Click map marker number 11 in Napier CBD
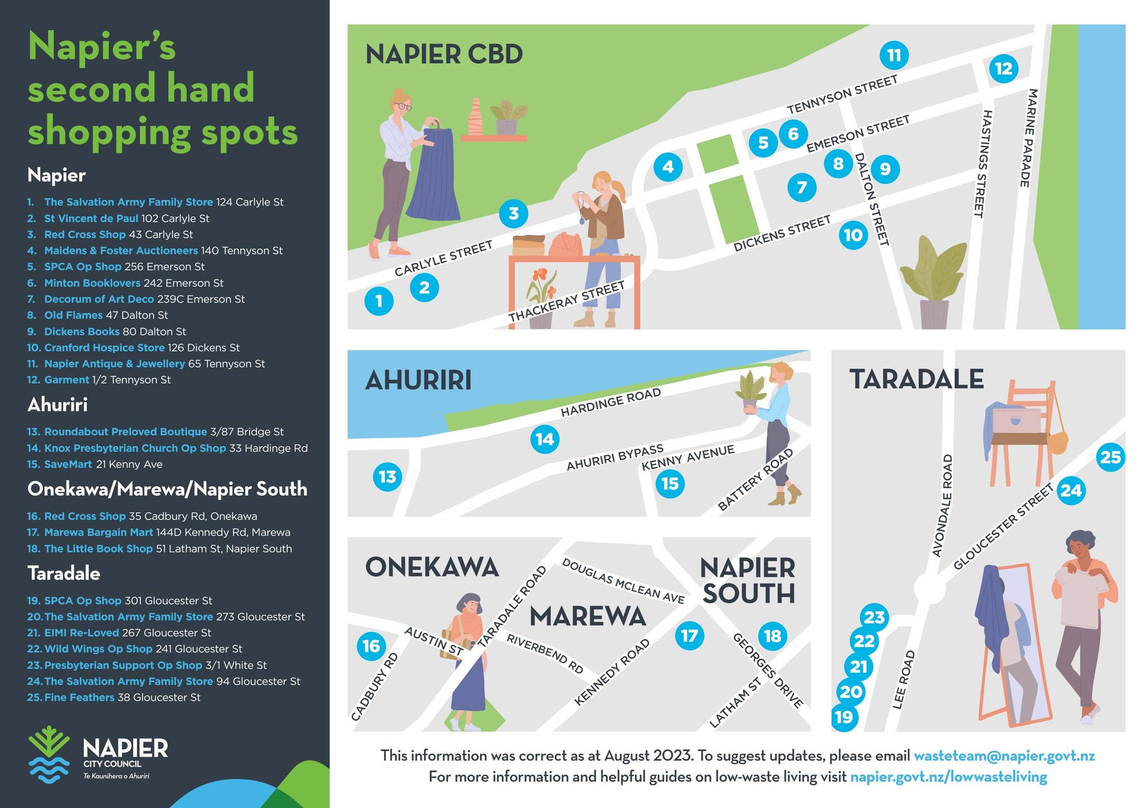[x=894, y=55]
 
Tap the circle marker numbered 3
[x=513, y=213]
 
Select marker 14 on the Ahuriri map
[x=545, y=439]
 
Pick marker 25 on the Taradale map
[x=1110, y=457]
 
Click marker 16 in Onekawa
[x=371, y=646]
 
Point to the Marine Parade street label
[x=1028, y=138]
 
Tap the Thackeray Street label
[x=566, y=302]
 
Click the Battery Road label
[x=755, y=480]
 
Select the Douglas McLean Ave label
[x=623, y=581]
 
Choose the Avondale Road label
[x=942, y=506]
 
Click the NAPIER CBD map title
[x=444, y=55]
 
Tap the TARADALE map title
[x=916, y=379]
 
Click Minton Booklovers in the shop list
[x=92, y=283]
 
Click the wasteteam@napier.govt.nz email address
[x=1004, y=756]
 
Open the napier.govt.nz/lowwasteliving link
[x=948, y=777]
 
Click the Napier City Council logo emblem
[x=49, y=754]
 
